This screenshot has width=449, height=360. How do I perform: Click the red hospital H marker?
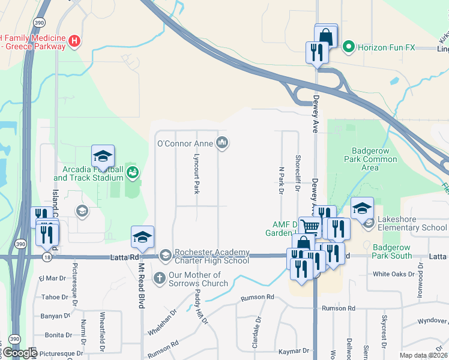coord(74,41)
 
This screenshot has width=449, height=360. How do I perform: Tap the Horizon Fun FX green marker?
coord(347,46)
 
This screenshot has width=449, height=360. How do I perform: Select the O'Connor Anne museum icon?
coord(223,143)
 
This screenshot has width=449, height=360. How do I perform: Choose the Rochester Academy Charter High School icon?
coord(166,256)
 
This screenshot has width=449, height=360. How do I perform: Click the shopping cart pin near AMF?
coord(310,227)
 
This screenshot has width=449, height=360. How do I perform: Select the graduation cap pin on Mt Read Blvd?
coord(142,236)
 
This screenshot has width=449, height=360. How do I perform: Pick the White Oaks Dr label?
coord(394,274)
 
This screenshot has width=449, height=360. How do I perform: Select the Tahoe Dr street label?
coord(55,297)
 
